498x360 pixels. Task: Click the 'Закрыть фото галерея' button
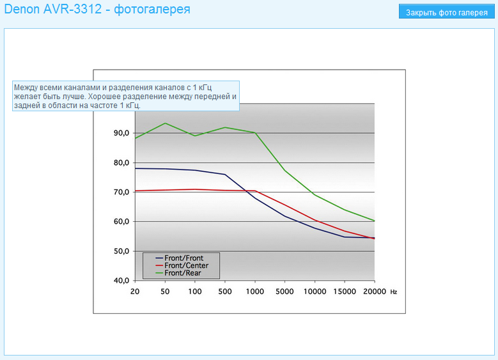click(x=446, y=12)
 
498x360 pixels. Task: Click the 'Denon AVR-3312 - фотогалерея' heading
click(x=97, y=10)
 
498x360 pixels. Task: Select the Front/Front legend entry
click(x=183, y=258)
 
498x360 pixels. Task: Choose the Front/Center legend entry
click(x=186, y=265)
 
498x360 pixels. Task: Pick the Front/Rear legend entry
click(x=183, y=273)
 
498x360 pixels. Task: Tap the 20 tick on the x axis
click(x=135, y=291)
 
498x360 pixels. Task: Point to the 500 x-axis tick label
click(x=224, y=291)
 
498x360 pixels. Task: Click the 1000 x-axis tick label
click(x=255, y=291)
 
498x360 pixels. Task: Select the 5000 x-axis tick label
click(x=284, y=291)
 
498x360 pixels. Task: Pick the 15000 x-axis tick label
click(x=345, y=291)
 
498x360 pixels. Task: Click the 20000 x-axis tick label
click(x=375, y=291)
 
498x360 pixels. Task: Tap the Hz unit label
click(x=394, y=292)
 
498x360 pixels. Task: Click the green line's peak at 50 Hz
click(x=165, y=123)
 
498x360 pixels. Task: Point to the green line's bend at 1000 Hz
click(x=255, y=133)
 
